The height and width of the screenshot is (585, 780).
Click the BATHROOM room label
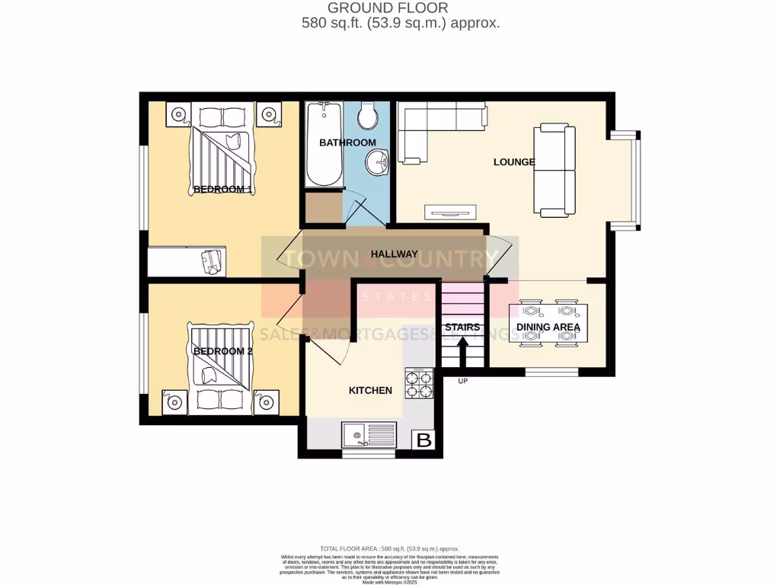(347, 142)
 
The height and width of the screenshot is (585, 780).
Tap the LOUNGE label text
(514, 161)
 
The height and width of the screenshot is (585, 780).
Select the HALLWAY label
(394, 254)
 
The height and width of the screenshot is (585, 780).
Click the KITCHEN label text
(370, 390)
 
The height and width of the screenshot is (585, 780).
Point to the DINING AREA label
(548, 328)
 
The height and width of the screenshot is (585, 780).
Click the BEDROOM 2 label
(222, 351)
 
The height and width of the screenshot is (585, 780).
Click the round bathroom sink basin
(377, 161)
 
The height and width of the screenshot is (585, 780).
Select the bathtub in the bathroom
(324, 145)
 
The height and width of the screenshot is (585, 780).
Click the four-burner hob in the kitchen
(419, 383)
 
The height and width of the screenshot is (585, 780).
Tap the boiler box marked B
(424, 440)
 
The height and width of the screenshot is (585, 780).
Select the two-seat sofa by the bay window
(554, 170)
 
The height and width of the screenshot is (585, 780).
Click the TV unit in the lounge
(450, 213)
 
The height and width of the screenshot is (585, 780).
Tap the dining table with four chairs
(548, 324)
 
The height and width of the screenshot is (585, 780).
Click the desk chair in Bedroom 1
(211, 261)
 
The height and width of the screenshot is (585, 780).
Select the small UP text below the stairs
(462, 380)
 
